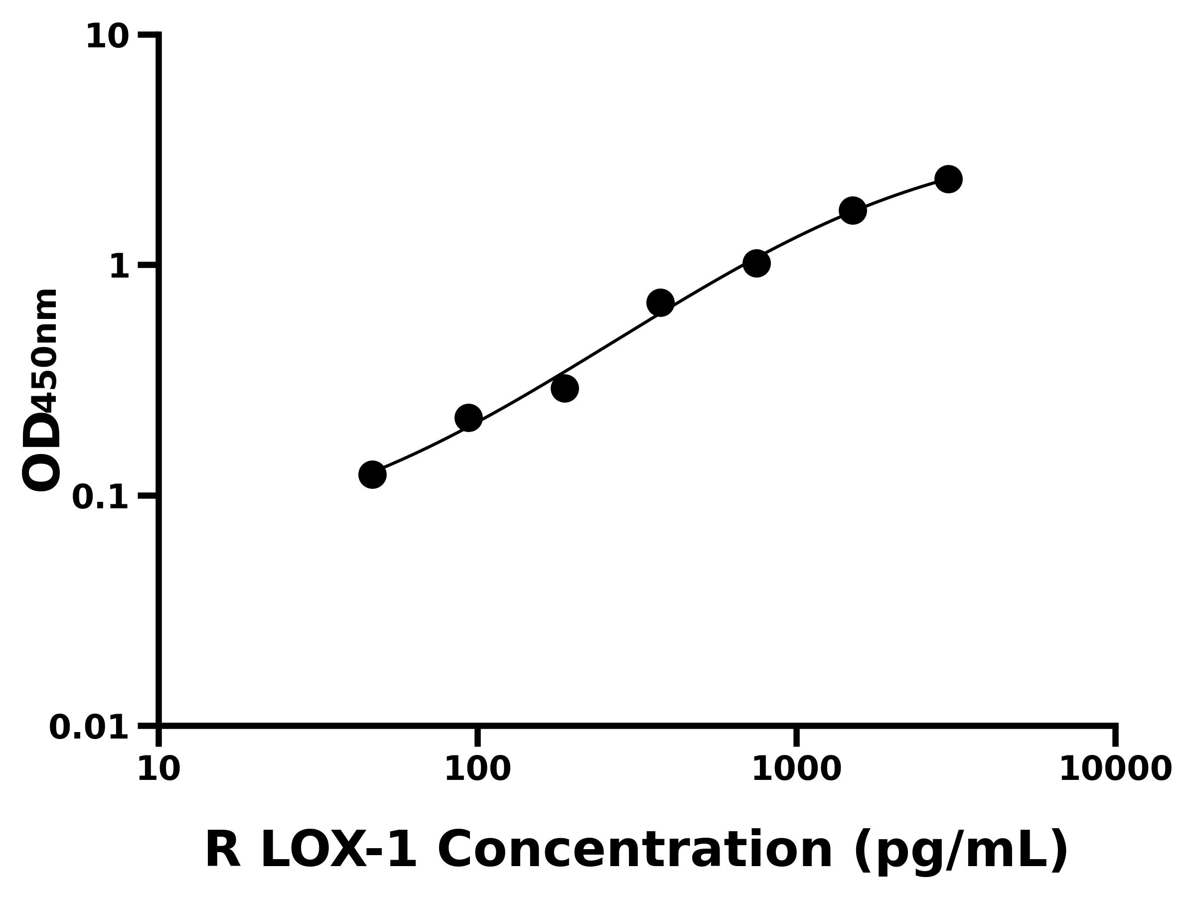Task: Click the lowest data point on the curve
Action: click(372, 475)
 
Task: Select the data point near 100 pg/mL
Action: click(468, 418)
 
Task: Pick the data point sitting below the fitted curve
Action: click(565, 388)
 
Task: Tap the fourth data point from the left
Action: click(660, 302)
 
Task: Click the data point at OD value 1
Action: click(756, 263)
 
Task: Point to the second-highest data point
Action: click(853, 210)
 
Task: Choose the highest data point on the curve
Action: click(948, 179)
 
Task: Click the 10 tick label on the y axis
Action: click(108, 38)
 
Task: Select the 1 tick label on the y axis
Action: click(120, 267)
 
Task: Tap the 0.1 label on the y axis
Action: click(101, 497)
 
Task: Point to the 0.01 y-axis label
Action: click(89, 727)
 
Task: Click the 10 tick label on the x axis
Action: click(158, 769)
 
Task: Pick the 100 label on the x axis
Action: click(477, 769)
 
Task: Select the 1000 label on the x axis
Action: click(796, 769)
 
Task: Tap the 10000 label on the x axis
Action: click(1115, 769)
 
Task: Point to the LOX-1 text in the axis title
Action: click(338, 851)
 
